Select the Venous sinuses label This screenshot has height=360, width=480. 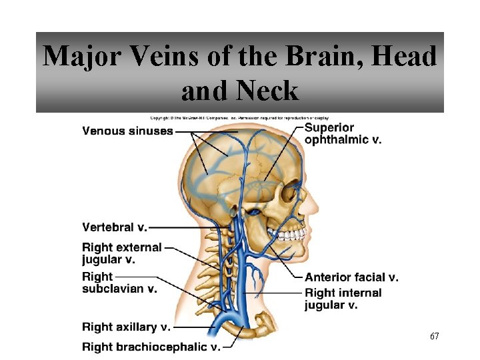127,131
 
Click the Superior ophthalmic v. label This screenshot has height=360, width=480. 343,133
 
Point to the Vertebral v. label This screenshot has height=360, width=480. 115,227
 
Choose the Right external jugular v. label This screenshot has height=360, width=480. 122,253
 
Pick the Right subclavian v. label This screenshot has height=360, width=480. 119,283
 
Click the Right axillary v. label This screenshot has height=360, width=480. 126,327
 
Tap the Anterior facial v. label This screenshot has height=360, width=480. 351,277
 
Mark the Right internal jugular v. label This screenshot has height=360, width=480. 343,299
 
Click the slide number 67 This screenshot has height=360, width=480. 434,337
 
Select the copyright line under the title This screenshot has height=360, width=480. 239,117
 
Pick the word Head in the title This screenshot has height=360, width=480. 405,57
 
